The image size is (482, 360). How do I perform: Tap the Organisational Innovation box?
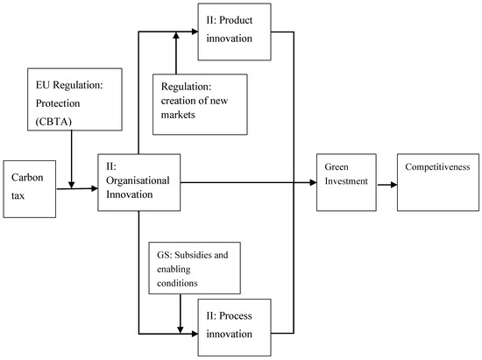[140, 182]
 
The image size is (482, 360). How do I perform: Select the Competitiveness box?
[438, 182]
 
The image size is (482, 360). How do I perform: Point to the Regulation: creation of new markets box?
[200, 103]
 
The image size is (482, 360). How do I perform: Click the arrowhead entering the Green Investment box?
[312, 182]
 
